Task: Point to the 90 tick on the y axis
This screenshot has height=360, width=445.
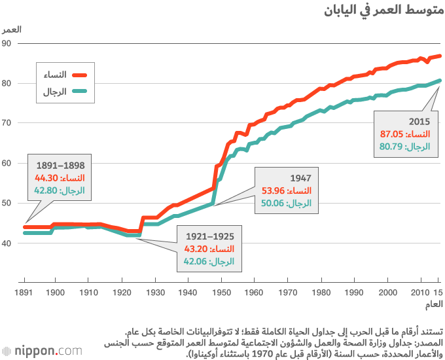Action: (8, 43)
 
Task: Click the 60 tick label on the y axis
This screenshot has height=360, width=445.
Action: (8, 163)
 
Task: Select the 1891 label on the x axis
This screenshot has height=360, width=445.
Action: (24, 292)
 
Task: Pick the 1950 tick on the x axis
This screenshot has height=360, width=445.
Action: (222, 292)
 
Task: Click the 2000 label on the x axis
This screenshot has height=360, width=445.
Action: (388, 292)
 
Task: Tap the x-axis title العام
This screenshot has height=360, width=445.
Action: (433, 305)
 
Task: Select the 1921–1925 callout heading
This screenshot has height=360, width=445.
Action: (210, 236)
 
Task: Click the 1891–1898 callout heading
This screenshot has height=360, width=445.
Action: (60, 166)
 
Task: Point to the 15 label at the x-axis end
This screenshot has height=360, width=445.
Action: (437, 292)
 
